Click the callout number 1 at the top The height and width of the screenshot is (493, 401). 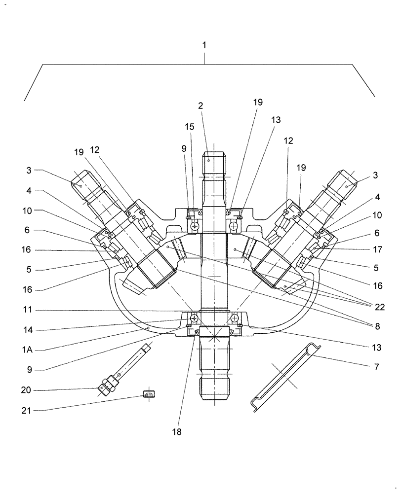(204, 45)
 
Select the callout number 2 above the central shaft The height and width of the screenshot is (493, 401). (200, 106)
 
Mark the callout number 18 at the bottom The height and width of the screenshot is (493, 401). (176, 432)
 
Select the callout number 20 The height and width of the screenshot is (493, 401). (26, 390)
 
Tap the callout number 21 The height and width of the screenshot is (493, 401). (26, 410)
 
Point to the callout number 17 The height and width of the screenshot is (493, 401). (377, 249)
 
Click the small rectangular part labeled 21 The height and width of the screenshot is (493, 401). (149, 393)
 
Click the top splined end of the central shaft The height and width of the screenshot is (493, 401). (215, 160)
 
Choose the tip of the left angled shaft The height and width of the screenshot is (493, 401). (79, 181)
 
